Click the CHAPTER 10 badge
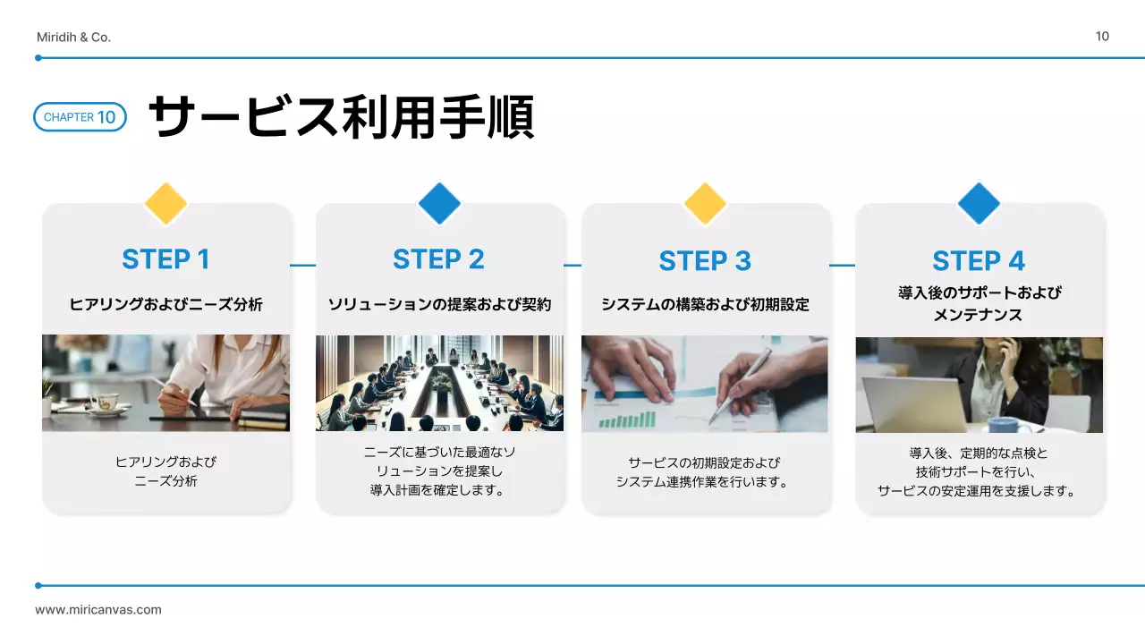pyautogui.click(x=80, y=117)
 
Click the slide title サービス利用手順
pyautogui.click(x=340, y=117)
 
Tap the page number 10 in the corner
pyautogui.click(x=1102, y=36)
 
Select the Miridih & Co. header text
pyautogui.click(x=73, y=37)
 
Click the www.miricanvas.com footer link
pyautogui.click(x=98, y=610)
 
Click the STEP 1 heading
pyautogui.click(x=165, y=259)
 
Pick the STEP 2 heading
pyautogui.click(x=438, y=259)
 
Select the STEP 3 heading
pyautogui.click(x=705, y=261)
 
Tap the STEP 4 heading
pyautogui.click(x=979, y=261)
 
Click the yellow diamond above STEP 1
pyautogui.click(x=165, y=204)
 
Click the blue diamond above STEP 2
pyautogui.click(x=439, y=204)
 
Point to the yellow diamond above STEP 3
pyautogui.click(x=705, y=204)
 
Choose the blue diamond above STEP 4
pyautogui.click(x=979, y=204)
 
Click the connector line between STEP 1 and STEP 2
pyautogui.click(x=303, y=265)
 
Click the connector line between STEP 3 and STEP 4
pyautogui.click(x=842, y=265)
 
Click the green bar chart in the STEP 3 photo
pyautogui.click(x=626, y=419)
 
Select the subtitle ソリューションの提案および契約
pyautogui.click(x=439, y=305)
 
